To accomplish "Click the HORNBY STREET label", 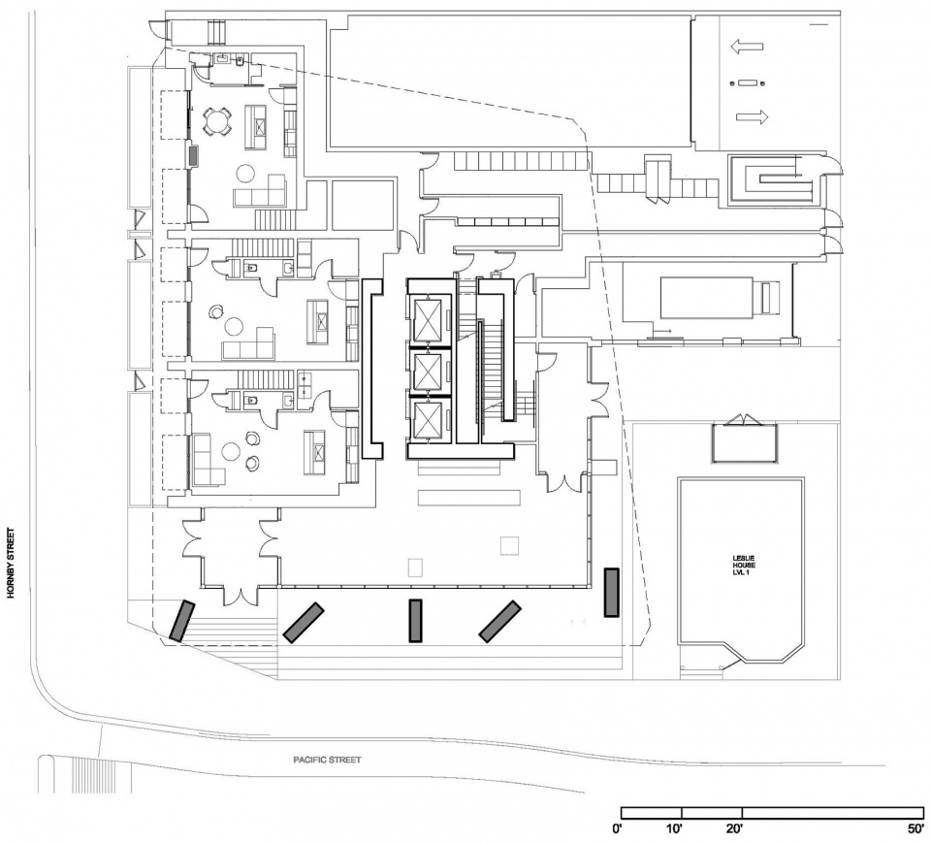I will point(13,564).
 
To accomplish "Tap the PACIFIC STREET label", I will point(328,760).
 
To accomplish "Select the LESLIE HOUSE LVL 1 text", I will point(742,564).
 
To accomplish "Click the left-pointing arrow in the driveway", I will point(748,46).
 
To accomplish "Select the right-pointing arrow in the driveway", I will point(752,117).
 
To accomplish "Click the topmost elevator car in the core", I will point(428,318).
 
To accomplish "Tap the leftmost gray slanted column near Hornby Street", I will point(181,620).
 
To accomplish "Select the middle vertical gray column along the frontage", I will point(415,620).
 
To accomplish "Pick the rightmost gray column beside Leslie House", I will point(611,593).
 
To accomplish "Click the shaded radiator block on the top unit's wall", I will point(194,154).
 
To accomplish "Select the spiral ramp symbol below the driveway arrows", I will point(772,179).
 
